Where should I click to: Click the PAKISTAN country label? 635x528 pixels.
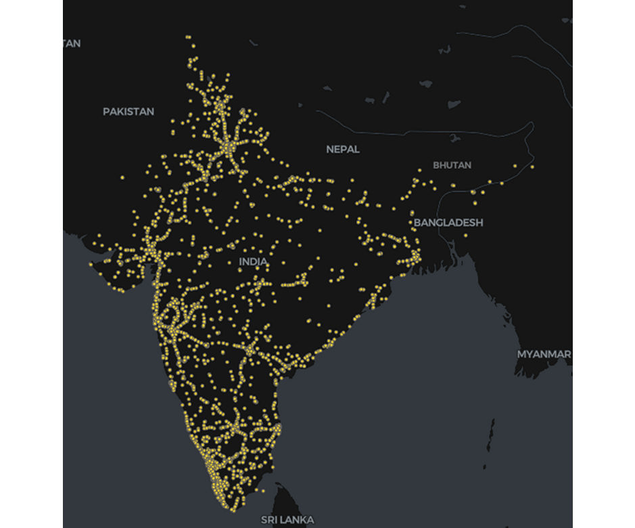(128, 112)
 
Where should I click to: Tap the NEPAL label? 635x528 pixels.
(343, 149)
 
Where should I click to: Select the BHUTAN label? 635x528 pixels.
(452, 165)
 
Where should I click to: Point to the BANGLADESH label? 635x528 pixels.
(448, 223)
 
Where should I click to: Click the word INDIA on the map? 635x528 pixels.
(253, 261)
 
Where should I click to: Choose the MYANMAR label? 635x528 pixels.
(544, 354)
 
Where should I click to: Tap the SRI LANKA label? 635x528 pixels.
(287, 520)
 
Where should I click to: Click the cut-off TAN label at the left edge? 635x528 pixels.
(72, 43)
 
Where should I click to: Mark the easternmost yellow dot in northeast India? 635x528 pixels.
(532, 167)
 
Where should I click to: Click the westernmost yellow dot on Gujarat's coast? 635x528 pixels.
(91, 264)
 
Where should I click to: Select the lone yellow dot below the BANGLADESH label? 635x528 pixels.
(466, 236)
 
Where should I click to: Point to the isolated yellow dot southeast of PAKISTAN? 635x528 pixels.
(122, 178)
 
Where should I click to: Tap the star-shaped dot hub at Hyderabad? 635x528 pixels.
(251, 350)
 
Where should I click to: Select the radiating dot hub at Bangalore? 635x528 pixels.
(235, 428)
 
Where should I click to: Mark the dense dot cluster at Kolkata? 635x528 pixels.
(414, 258)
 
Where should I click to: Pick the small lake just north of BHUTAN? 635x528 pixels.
(454, 137)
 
